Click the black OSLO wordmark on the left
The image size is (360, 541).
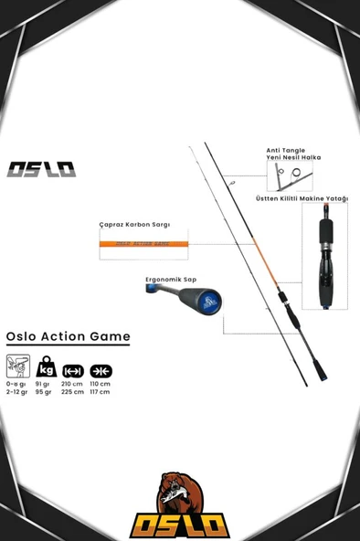point(41,169)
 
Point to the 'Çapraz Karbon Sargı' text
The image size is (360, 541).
point(134,224)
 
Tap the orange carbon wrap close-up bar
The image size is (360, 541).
point(144,243)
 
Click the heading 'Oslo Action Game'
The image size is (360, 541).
point(68,336)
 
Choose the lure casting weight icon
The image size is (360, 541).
point(17,366)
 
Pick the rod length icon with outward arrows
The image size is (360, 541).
point(73,371)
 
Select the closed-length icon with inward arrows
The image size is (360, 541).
point(101,371)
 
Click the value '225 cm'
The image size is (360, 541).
point(71,391)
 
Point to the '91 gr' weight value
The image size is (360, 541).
point(42,384)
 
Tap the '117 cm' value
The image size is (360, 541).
point(100,391)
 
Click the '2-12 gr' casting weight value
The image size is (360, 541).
point(16,391)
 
